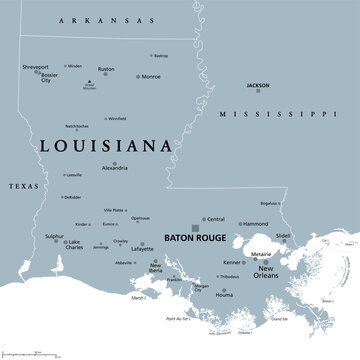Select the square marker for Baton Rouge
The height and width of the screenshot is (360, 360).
pyautogui.click(x=196, y=229)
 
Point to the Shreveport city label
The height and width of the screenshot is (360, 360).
pyautogui.click(x=35, y=67)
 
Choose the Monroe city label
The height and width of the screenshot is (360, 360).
pyautogui.click(x=150, y=76)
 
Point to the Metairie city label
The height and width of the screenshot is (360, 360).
pyautogui.click(x=261, y=255)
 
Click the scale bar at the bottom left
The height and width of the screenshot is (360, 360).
pyautogui.click(x=30, y=353)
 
